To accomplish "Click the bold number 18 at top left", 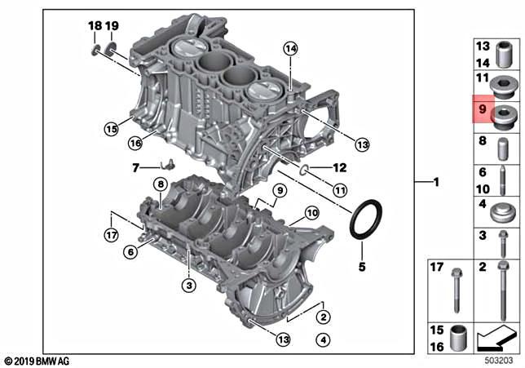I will click(95, 26).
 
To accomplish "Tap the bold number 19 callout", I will click(112, 26).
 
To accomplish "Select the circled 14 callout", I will click(290, 49).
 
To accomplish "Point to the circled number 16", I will click(135, 144).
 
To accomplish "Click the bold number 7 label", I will click(135, 169).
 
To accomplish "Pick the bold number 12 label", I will click(339, 169).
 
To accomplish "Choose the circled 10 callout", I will click(311, 214).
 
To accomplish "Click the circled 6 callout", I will click(129, 253).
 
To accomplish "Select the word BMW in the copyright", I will click(51, 361).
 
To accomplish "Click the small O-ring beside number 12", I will click(303, 170).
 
